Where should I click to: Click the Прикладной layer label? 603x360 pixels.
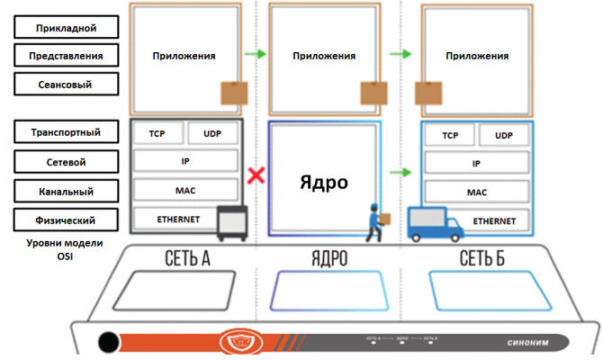point(68,28)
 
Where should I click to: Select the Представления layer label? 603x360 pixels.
point(68,56)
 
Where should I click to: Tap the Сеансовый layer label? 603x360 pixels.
point(68,85)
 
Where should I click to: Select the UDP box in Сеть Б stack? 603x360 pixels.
point(505,135)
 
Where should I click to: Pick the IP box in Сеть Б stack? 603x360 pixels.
point(476,165)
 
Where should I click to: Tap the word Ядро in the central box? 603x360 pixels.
point(323,181)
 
